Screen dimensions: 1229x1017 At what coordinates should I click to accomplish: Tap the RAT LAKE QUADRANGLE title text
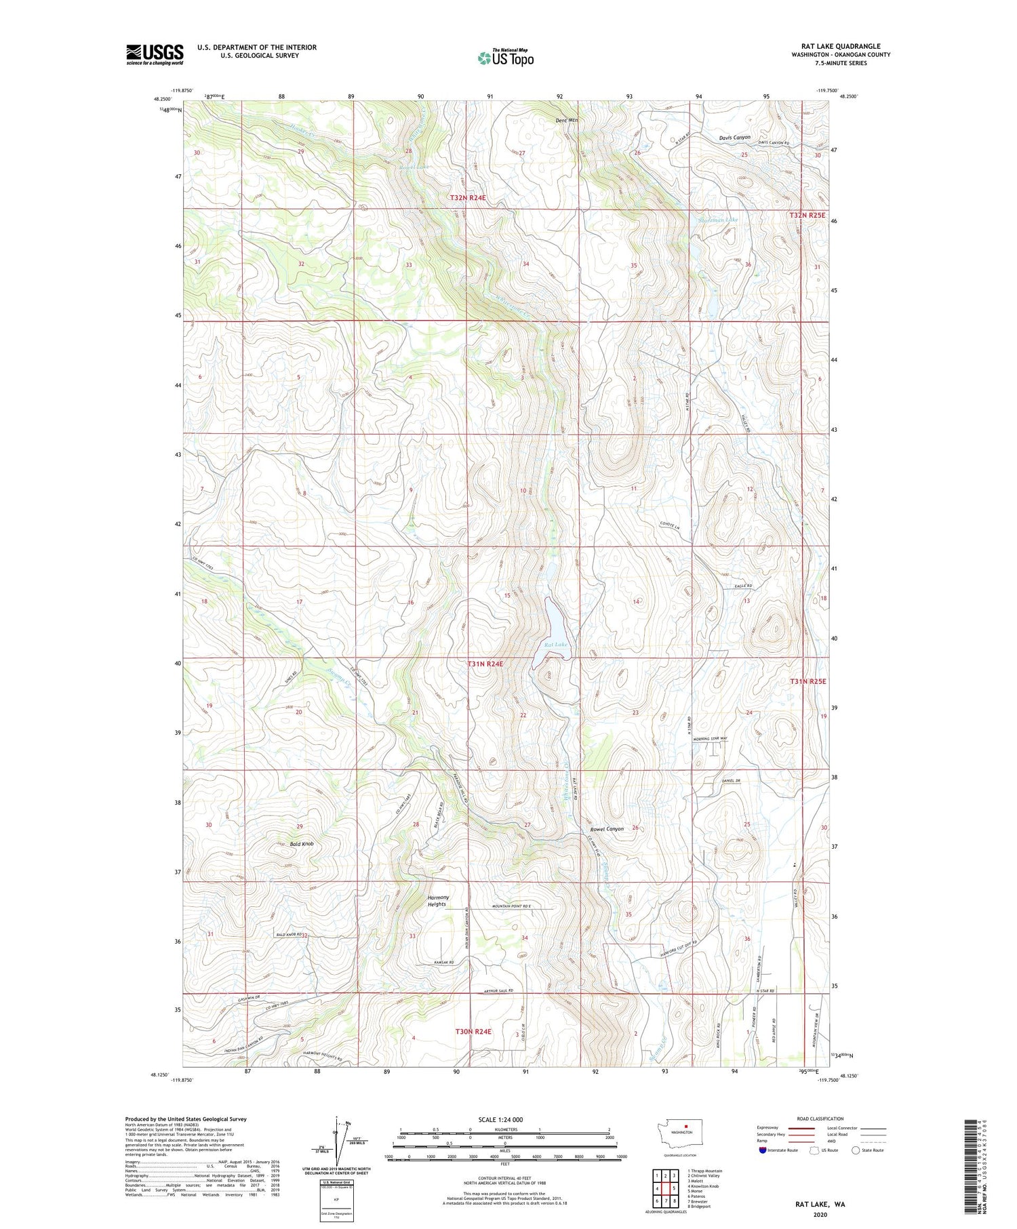(x=840, y=46)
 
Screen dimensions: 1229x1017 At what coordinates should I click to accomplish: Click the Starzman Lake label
(x=718, y=220)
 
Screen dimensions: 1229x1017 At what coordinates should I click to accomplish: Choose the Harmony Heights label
(x=437, y=901)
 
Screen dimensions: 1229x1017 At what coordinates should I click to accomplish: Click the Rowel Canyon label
(x=606, y=829)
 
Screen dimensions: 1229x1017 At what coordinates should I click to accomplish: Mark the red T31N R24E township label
(x=485, y=664)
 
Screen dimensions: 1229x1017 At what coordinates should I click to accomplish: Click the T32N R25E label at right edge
(x=808, y=215)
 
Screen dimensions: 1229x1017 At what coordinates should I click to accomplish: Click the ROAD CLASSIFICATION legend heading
(x=820, y=1119)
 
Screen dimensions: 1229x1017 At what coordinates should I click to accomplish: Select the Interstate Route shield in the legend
(x=763, y=1150)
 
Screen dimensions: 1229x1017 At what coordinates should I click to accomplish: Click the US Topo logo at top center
(x=505, y=58)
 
